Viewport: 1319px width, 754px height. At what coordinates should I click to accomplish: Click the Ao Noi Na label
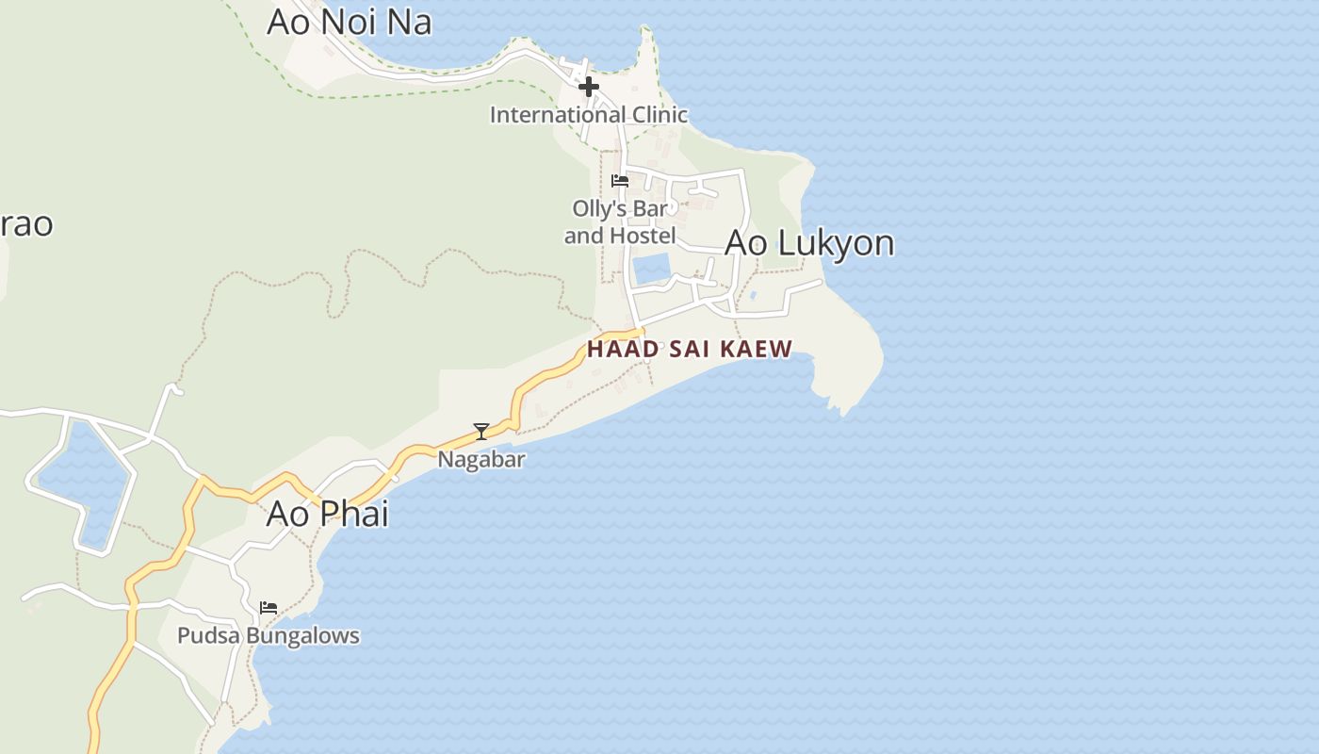coord(349,22)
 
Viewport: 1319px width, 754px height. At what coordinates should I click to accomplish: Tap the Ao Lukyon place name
coord(809,243)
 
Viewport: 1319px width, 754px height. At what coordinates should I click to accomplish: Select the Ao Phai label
coord(327,514)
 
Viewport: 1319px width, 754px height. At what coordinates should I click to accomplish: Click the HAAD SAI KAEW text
coord(690,349)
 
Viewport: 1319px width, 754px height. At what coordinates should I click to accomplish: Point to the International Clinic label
coord(589,115)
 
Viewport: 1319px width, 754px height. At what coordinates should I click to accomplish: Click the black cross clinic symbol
coord(589,87)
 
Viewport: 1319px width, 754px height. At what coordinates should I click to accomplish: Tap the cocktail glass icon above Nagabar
coord(481,432)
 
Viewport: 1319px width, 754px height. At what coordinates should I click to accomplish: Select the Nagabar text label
coord(481,459)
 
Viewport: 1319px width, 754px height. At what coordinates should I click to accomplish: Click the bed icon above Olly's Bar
coord(620,180)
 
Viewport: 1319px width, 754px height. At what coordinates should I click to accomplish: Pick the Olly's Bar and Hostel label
coord(620,221)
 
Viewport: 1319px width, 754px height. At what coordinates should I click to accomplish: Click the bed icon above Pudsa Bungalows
coord(269,608)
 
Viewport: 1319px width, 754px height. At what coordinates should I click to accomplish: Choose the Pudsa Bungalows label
coord(269,636)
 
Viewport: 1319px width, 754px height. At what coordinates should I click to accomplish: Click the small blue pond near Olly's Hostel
coord(651,269)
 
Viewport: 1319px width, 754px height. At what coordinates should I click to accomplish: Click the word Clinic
coord(659,115)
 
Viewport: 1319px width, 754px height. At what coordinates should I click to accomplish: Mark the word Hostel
coord(644,236)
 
